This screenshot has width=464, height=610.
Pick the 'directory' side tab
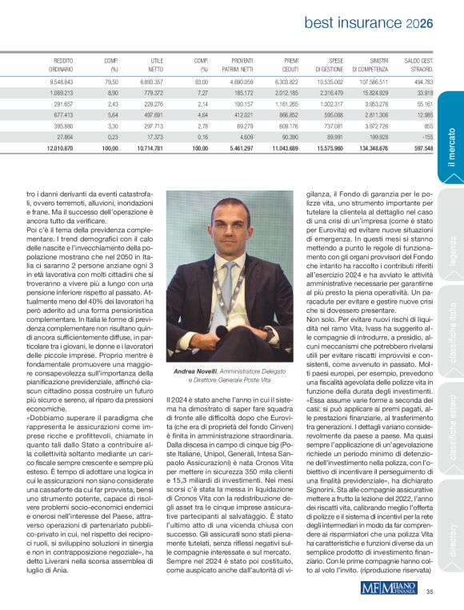coord(452,537)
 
